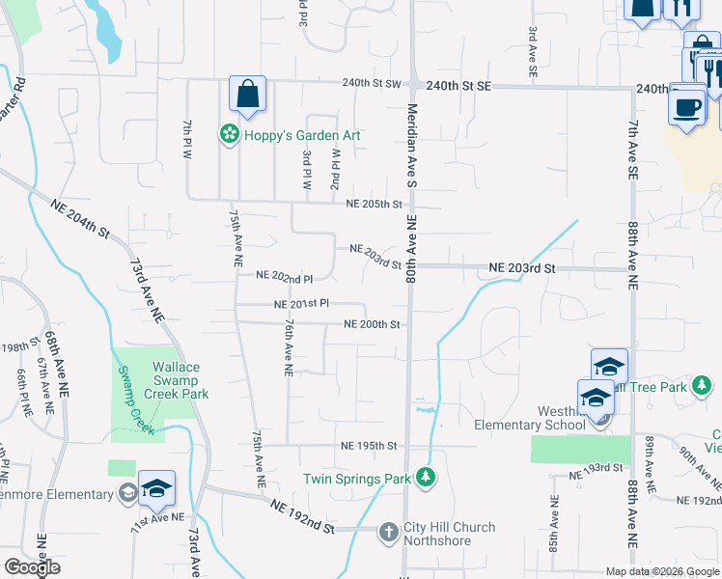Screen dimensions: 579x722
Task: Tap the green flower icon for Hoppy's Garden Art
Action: [x=230, y=134]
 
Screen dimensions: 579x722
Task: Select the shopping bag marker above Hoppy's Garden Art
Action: [x=247, y=95]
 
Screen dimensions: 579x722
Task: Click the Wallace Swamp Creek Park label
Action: [x=177, y=380]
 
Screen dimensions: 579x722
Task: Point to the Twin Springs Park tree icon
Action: [x=424, y=477]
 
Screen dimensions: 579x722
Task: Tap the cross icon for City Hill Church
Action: [x=388, y=532]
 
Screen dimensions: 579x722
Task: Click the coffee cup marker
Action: [x=686, y=106]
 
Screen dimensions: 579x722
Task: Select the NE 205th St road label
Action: [x=375, y=204]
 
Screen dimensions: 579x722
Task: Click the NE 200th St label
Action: [x=373, y=324]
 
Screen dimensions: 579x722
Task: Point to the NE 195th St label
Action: [x=369, y=446]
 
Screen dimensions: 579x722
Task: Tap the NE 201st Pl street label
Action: [x=302, y=304]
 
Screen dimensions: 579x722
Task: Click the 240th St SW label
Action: [x=373, y=84]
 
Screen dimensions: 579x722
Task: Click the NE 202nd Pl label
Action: [x=284, y=277]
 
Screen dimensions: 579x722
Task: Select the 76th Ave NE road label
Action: [x=288, y=348]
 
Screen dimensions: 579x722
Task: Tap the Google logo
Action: [x=33, y=566]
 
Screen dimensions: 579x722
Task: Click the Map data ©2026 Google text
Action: [x=662, y=571]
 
